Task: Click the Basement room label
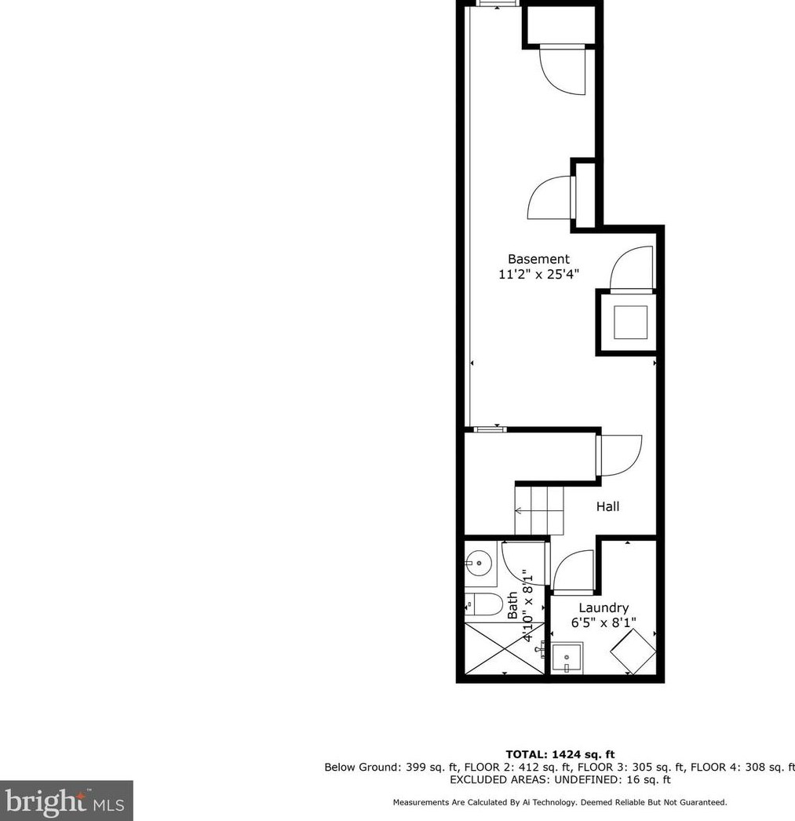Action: tap(538, 259)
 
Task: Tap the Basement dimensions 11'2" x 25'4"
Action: tap(538, 275)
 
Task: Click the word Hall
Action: tap(607, 507)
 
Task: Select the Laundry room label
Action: tap(604, 608)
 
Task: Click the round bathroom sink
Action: tap(479, 562)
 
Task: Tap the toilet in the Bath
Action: tap(485, 604)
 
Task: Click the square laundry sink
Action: tap(567, 658)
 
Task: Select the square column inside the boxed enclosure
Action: tap(630, 322)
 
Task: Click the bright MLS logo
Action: tap(66, 801)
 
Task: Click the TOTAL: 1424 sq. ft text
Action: tap(560, 755)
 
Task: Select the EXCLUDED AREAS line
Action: tap(560, 780)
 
